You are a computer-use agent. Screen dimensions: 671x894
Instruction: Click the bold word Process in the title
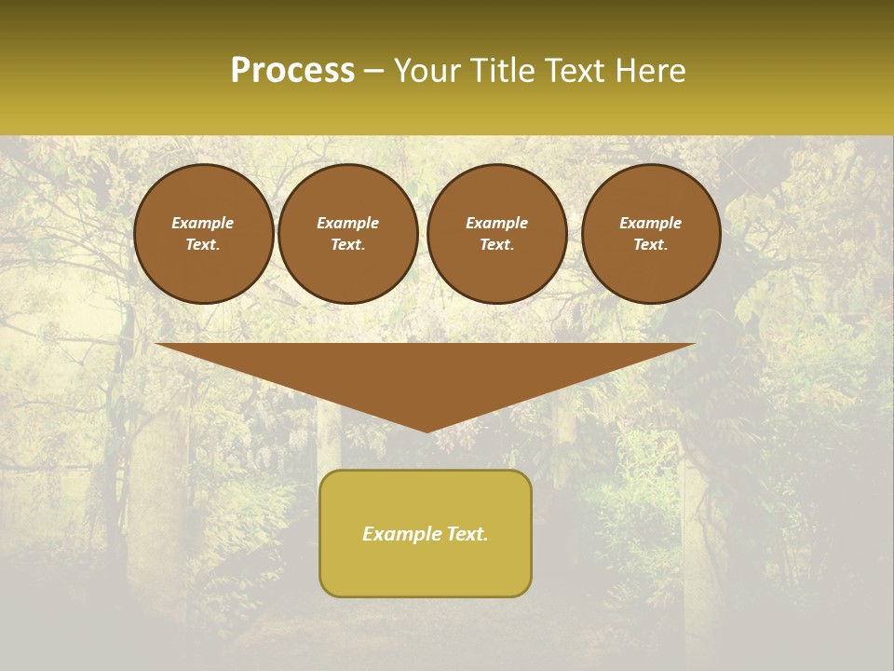[292, 71]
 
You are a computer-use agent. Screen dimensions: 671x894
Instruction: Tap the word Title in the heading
[504, 71]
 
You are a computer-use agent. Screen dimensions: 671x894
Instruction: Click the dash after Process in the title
[374, 72]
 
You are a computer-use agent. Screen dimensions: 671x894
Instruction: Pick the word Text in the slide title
[578, 71]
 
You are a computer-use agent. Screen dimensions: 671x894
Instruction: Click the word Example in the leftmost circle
[203, 223]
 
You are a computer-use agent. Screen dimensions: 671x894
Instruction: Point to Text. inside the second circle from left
[348, 245]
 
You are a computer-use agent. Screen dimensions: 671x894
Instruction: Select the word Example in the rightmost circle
[651, 223]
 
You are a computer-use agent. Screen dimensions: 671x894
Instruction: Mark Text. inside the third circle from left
[497, 245]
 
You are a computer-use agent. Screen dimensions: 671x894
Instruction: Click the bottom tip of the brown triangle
[427, 430]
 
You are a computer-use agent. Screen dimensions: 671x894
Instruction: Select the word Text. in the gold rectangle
[467, 534]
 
